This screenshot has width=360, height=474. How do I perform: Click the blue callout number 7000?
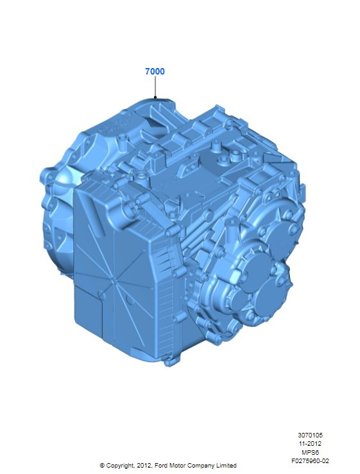[x=155, y=71]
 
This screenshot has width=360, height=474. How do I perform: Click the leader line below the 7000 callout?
[x=155, y=87]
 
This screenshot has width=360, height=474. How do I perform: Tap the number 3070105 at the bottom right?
[x=310, y=435]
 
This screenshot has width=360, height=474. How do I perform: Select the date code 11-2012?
[x=310, y=443]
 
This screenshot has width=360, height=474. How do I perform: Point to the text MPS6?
[x=310, y=452]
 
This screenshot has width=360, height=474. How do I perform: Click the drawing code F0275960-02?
[x=310, y=461]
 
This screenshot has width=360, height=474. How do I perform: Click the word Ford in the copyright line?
[x=161, y=465]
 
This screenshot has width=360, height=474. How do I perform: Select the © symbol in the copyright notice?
[x=103, y=465]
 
